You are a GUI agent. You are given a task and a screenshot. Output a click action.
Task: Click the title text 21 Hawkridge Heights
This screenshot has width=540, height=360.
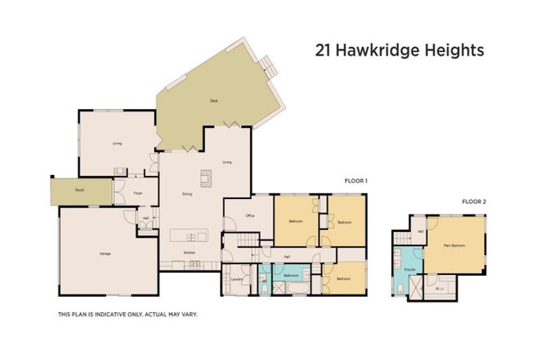pyautogui.click(x=399, y=51)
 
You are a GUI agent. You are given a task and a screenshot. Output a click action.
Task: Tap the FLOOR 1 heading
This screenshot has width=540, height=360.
pyautogui.click(x=356, y=181)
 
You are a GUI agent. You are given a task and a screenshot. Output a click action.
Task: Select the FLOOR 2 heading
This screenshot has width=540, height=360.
pyautogui.click(x=473, y=201)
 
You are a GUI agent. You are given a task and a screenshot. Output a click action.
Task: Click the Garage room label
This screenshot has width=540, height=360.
pyautogui.click(x=105, y=253)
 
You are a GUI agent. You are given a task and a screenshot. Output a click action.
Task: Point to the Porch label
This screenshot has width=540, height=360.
pyautogui.click(x=79, y=191)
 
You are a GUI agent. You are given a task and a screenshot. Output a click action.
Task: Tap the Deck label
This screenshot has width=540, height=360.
pyautogui.click(x=214, y=101)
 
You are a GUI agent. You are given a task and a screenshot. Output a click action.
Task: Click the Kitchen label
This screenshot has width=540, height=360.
pyautogui.click(x=189, y=252)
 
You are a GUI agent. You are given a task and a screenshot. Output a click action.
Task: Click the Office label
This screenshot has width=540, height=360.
pyautogui.click(x=249, y=216)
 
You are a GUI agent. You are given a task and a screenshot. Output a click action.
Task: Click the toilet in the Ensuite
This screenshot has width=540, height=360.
pyautogui.click(x=399, y=289)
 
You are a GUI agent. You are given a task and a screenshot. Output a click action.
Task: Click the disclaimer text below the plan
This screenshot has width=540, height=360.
pyautogui.click(x=127, y=314)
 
